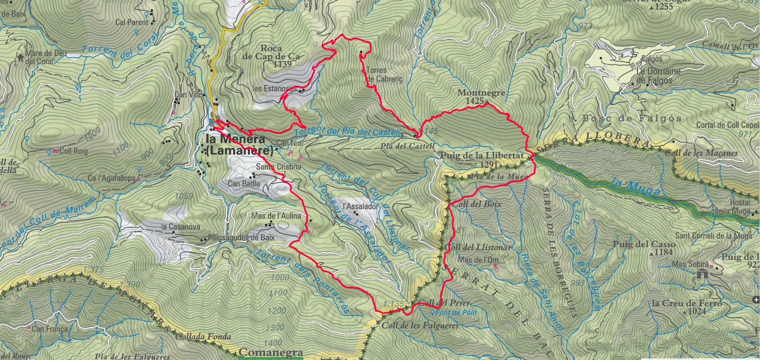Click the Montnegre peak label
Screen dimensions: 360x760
point(481,93)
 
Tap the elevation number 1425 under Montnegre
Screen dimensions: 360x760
point(475,101)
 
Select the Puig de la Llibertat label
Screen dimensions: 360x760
point(482,156)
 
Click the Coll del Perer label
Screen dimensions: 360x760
point(445,303)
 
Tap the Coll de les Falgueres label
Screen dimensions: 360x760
point(420,325)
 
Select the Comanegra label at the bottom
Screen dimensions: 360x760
point(271,352)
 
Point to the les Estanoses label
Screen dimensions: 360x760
point(274,89)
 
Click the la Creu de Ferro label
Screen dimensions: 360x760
point(687,303)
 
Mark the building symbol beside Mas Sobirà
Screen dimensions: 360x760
point(703,274)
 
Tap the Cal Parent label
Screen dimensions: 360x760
point(132,22)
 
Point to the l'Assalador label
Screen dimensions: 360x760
point(361,207)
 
